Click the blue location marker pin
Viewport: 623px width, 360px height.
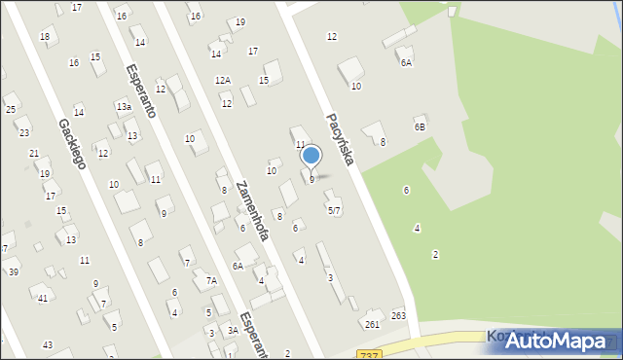point(311,156)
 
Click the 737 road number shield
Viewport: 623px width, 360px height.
point(368,355)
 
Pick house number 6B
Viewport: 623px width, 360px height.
point(420,126)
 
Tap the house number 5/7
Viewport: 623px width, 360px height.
point(333,210)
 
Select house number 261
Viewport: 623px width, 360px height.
point(372,324)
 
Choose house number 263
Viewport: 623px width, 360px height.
point(398,315)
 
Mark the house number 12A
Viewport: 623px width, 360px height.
point(223,80)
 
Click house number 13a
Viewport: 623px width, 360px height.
point(124,106)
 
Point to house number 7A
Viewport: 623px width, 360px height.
point(210,280)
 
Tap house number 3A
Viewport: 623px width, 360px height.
point(233,331)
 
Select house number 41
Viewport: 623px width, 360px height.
point(42,298)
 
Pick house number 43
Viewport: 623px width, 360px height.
point(48,344)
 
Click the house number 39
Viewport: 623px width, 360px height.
point(14,271)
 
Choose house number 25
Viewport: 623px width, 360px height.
point(10,109)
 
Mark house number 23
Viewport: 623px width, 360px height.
point(23,132)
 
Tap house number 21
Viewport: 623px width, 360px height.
point(34,154)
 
